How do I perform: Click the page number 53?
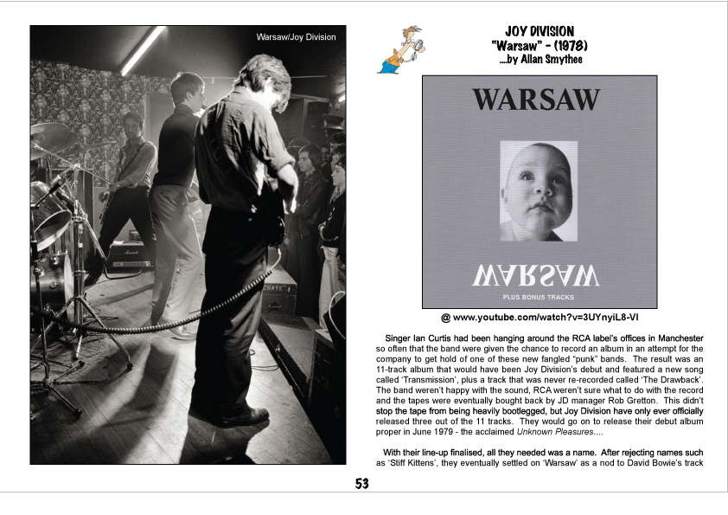click(363, 484)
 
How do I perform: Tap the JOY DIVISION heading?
click(539, 31)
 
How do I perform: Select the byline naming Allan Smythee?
click(541, 61)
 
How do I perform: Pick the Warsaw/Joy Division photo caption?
click(296, 37)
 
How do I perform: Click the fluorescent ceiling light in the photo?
click(142, 50)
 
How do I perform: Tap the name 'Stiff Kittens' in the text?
click(414, 463)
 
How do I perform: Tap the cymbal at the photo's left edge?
click(48, 136)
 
